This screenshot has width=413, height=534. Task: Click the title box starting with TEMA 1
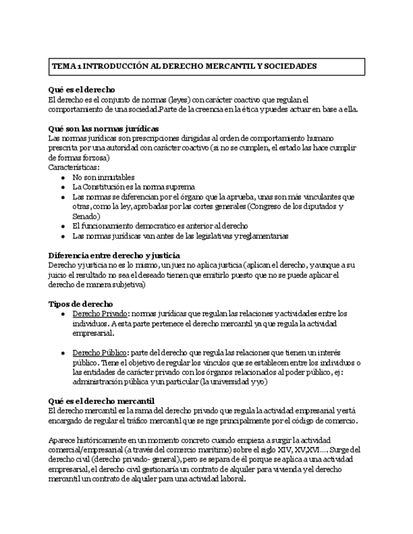point(206,66)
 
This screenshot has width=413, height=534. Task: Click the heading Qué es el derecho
point(81,90)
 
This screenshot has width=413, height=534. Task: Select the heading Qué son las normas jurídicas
point(103,128)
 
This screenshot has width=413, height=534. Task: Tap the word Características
point(73,168)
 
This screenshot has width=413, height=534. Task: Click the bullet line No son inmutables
point(103,178)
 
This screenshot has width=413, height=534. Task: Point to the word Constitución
point(105,187)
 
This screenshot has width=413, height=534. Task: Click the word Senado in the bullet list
point(85,216)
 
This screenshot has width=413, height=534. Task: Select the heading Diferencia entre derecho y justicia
point(114,255)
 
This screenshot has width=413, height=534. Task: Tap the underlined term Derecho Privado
point(100,314)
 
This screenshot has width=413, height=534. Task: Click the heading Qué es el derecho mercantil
point(102,401)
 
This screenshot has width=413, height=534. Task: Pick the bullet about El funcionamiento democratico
point(160,225)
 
